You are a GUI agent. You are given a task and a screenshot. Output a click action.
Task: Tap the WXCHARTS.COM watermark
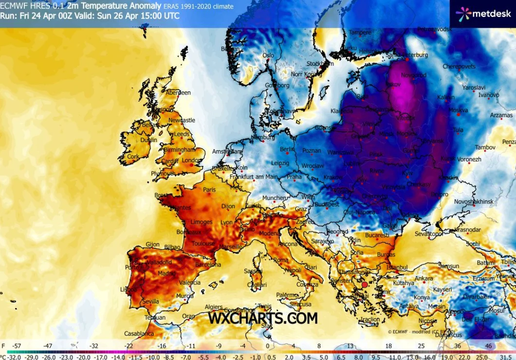click(263, 318)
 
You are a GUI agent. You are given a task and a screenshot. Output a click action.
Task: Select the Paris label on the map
click(209, 190)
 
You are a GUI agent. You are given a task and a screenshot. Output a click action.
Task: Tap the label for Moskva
click(458, 110)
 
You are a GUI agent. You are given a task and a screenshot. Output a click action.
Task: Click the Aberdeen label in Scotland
click(178, 92)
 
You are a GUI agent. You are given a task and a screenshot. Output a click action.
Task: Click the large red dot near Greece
click(365, 285)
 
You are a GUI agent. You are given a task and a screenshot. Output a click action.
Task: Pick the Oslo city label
click(269, 55)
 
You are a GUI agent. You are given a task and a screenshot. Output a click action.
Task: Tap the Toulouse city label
click(203, 243)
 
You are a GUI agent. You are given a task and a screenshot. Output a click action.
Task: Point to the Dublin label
click(148, 140)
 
